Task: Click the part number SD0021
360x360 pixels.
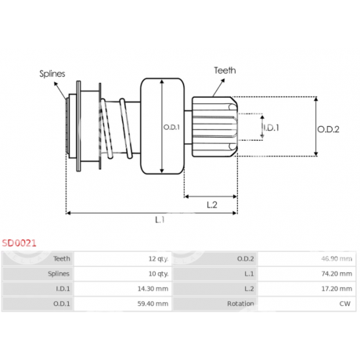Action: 19,243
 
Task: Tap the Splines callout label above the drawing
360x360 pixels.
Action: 52,74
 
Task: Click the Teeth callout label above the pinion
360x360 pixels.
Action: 225,70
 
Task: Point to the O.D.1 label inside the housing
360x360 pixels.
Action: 171,128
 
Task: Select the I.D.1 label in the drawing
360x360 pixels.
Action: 272,128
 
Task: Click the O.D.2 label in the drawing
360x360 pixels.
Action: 328,129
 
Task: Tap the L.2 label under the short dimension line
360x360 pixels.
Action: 212,205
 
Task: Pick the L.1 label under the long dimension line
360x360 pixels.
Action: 160,220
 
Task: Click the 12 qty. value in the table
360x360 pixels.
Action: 158,259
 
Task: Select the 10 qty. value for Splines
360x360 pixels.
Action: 158,274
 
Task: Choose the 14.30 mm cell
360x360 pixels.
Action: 153,289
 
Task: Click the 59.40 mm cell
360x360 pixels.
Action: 153,304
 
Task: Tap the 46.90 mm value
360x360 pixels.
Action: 337,259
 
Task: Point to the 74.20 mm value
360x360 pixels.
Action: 337,274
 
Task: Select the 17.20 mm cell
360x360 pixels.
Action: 337,289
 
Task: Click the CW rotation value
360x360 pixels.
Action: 345,304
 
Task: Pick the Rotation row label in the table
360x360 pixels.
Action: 240,304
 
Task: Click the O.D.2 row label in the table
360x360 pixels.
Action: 245,259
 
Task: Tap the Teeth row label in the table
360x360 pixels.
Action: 62,259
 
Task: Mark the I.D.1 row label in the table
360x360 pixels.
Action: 63,289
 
